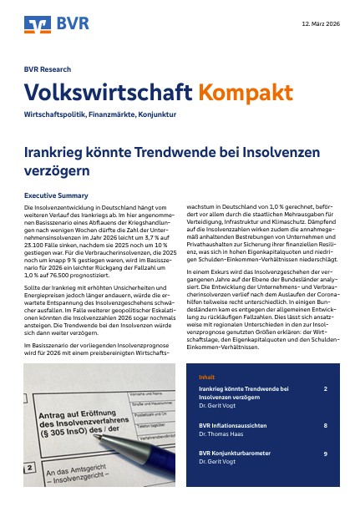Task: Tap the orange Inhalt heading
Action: click(205, 377)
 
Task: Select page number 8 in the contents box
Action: click(325, 425)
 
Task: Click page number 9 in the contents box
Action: click(325, 453)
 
